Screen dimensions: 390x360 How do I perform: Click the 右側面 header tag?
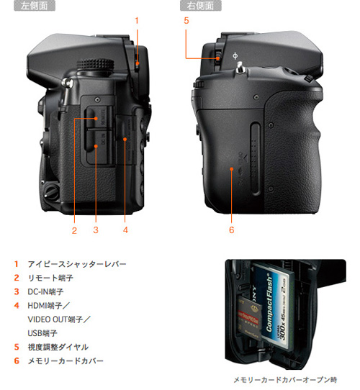point(200,6)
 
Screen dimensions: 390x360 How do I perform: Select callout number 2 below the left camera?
point(73,230)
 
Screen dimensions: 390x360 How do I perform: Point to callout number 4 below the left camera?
point(125,230)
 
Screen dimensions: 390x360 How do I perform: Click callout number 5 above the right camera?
point(186,20)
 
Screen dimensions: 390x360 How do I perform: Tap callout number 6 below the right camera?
point(232,230)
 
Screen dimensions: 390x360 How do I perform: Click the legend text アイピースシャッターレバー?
point(77,264)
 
